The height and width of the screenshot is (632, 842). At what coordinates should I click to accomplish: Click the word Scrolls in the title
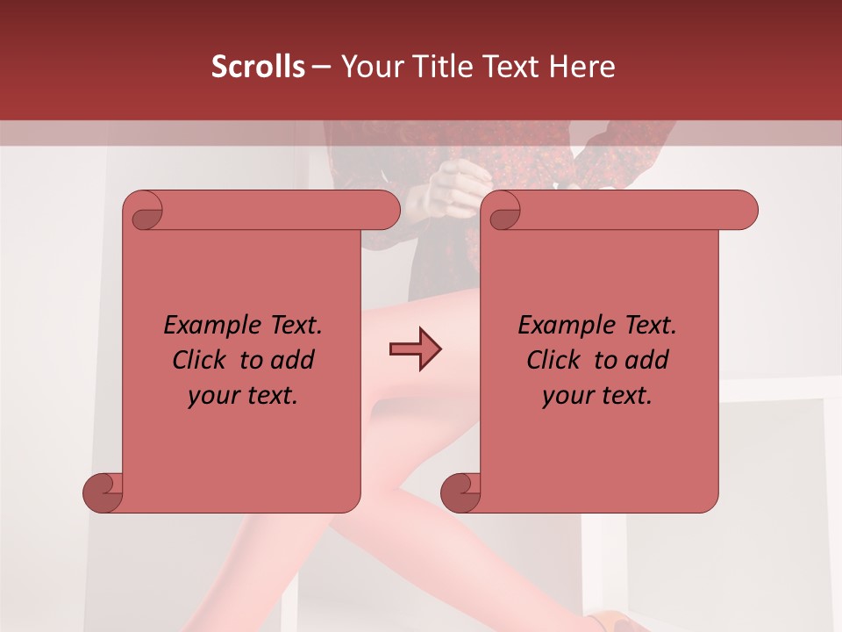tap(259, 67)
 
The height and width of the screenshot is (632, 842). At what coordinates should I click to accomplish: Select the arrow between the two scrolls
tap(415, 349)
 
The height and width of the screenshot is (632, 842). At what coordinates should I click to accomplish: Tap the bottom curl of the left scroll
tap(103, 492)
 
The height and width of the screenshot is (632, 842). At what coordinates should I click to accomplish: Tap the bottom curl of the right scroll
tap(460, 492)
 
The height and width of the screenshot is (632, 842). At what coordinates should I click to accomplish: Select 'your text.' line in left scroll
tap(243, 396)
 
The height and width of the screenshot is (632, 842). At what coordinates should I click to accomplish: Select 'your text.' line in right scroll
tap(597, 396)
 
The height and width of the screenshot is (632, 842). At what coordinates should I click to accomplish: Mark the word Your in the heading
tap(369, 67)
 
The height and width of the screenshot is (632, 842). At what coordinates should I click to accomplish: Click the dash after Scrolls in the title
tap(321, 67)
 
